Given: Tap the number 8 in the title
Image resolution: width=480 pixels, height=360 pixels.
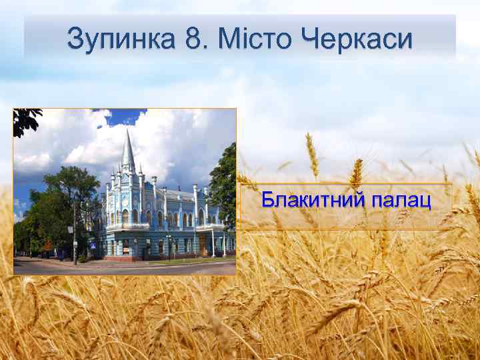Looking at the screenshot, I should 194,39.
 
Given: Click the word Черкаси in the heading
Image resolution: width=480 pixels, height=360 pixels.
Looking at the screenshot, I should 357,39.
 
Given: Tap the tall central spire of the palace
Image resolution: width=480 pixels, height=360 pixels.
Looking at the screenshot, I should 127,150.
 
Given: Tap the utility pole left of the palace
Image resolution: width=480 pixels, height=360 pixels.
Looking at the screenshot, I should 74,233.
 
